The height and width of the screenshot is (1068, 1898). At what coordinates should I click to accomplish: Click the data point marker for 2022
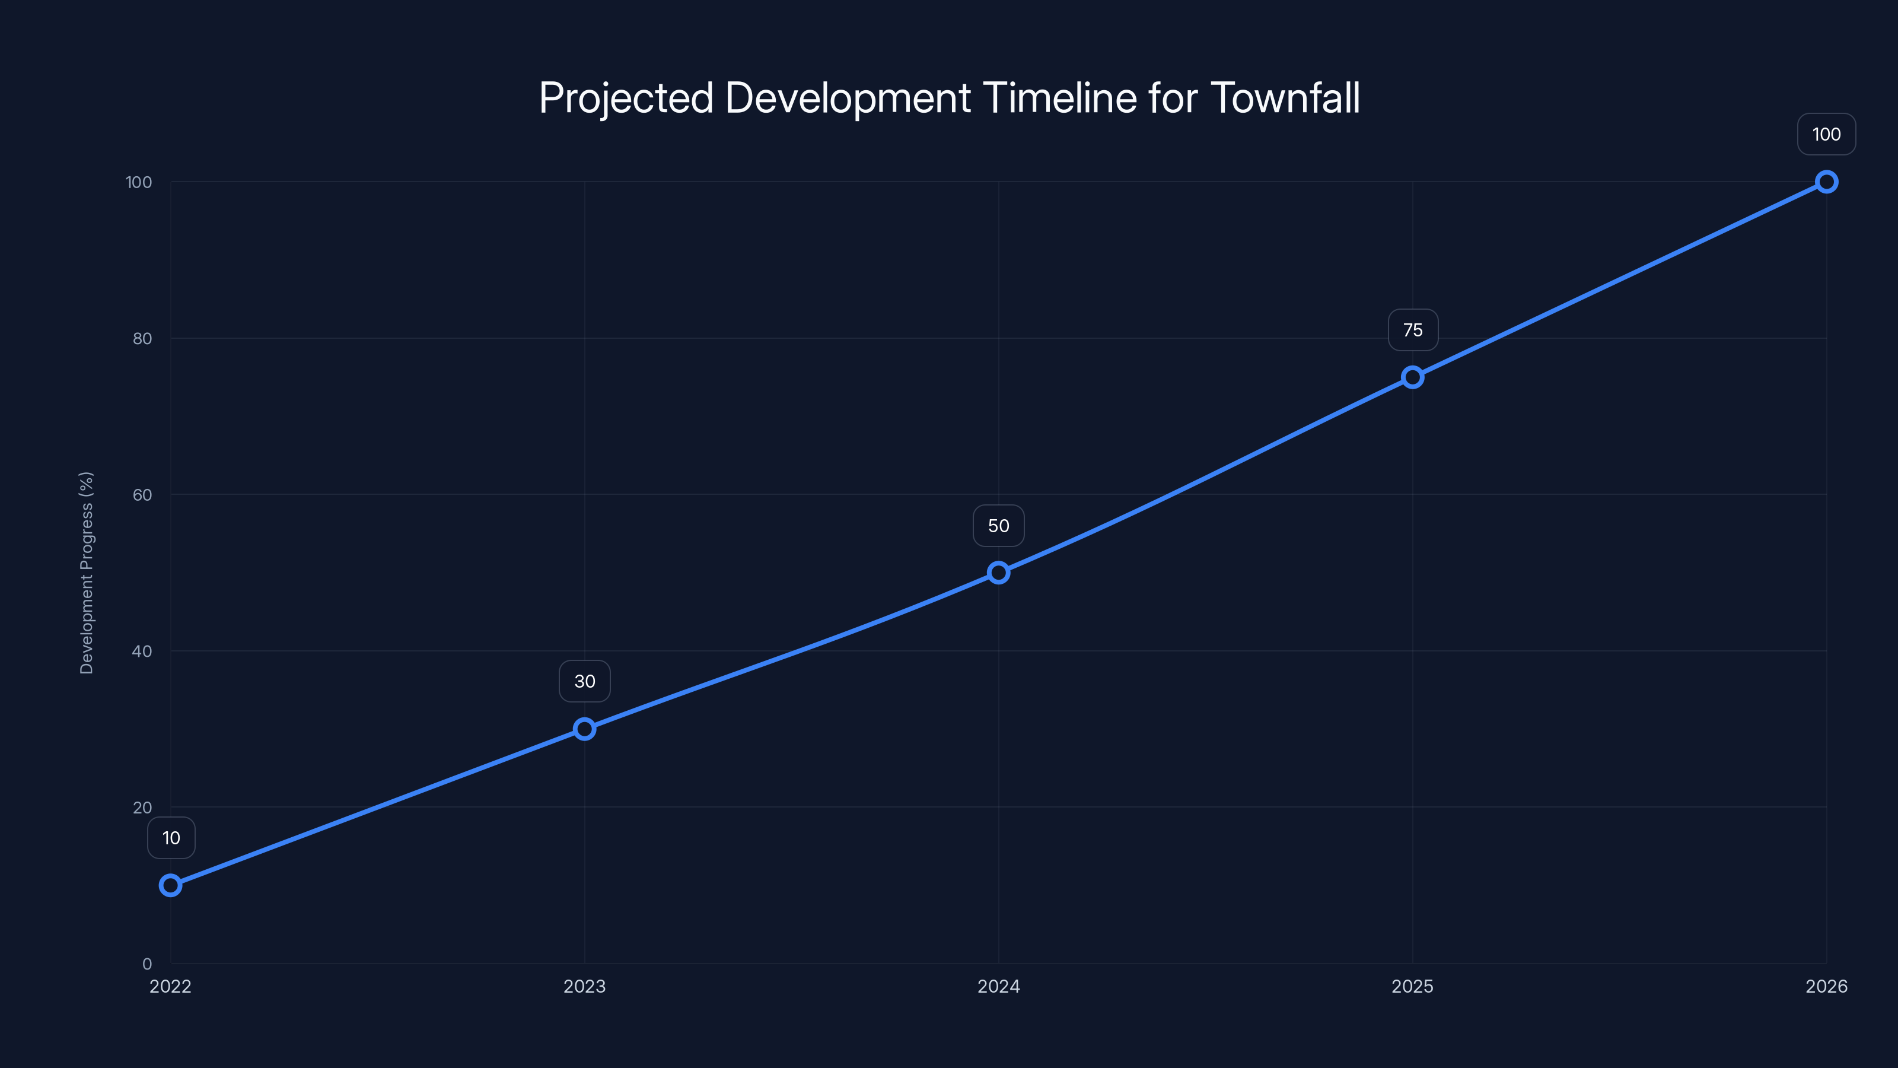[170, 885]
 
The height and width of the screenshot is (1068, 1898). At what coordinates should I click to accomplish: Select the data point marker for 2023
[584, 729]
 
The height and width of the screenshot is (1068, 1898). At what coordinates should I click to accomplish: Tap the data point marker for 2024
[998, 573]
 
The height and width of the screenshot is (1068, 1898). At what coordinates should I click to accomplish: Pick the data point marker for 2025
[1412, 377]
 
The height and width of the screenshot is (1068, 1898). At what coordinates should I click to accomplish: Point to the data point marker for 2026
[1827, 182]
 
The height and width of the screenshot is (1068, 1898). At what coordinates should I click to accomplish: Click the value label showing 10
[171, 838]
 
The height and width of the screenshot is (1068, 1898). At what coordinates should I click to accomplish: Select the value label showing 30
[584, 681]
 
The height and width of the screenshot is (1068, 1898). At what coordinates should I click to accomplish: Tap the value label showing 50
[998, 526]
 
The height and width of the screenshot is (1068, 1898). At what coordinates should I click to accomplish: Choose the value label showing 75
[1412, 330]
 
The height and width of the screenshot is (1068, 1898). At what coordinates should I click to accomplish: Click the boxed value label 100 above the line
[1827, 134]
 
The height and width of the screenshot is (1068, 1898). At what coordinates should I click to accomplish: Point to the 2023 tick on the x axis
[584, 986]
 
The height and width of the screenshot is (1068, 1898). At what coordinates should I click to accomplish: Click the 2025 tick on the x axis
[1412, 986]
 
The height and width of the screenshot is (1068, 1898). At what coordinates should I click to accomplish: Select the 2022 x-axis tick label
[170, 986]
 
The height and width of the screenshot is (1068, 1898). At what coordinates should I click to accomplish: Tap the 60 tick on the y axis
[142, 495]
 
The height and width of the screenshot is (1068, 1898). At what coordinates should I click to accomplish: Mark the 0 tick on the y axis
[147, 964]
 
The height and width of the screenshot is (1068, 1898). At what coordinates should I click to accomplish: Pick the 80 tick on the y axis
[142, 338]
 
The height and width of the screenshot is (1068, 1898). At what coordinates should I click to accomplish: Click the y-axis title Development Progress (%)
[86, 573]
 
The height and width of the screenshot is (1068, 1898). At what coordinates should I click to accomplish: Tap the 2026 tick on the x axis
[1827, 986]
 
